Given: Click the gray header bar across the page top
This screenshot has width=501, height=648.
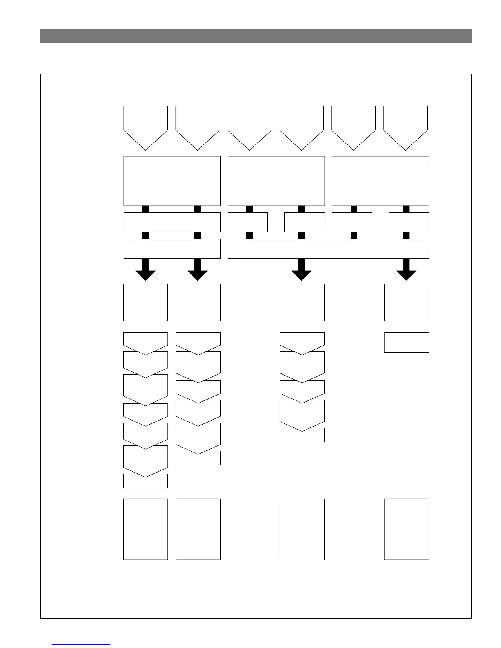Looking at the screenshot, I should tap(255, 36).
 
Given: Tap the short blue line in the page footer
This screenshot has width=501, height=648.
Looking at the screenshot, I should tap(81, 644).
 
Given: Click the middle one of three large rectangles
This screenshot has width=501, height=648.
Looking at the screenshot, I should tap(276, 181).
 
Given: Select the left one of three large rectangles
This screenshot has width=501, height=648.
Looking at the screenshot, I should tap(172, 181).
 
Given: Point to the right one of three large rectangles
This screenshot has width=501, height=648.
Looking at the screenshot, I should tap(380, 181).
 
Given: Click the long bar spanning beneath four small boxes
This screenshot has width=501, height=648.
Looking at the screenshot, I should tap(328, 249).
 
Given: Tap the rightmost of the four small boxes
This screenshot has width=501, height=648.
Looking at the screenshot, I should tap(408, 222).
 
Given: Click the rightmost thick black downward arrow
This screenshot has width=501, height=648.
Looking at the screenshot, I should tap(406, 270).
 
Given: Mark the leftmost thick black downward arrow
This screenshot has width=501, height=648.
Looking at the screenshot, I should tap(145, 270).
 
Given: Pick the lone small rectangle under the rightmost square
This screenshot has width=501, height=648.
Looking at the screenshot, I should tap(406, 342).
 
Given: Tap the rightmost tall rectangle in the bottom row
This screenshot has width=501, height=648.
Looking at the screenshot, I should tap(406, 529).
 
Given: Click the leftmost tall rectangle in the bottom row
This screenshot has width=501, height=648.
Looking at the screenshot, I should tap(145, 529).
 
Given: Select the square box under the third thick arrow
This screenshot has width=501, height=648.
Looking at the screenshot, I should tap(302, 302).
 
